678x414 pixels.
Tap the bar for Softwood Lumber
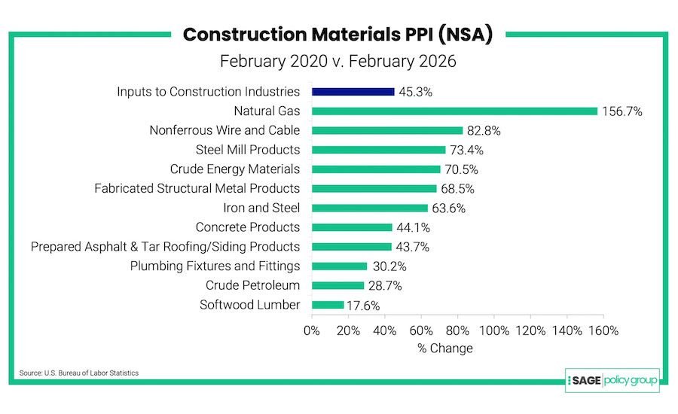[327, 305]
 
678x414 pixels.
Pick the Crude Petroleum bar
[337, 285]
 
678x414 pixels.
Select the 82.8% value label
[485, 131]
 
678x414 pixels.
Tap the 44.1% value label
[414, 227]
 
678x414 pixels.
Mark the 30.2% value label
[388, 266]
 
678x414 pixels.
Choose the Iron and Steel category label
[258, 208]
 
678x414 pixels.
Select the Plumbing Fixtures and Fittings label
[215, 266]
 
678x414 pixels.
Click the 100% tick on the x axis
[494, 330]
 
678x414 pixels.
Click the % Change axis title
[445, 349]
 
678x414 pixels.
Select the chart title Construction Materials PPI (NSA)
[337, 35]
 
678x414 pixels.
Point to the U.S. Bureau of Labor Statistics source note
[78, 373]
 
